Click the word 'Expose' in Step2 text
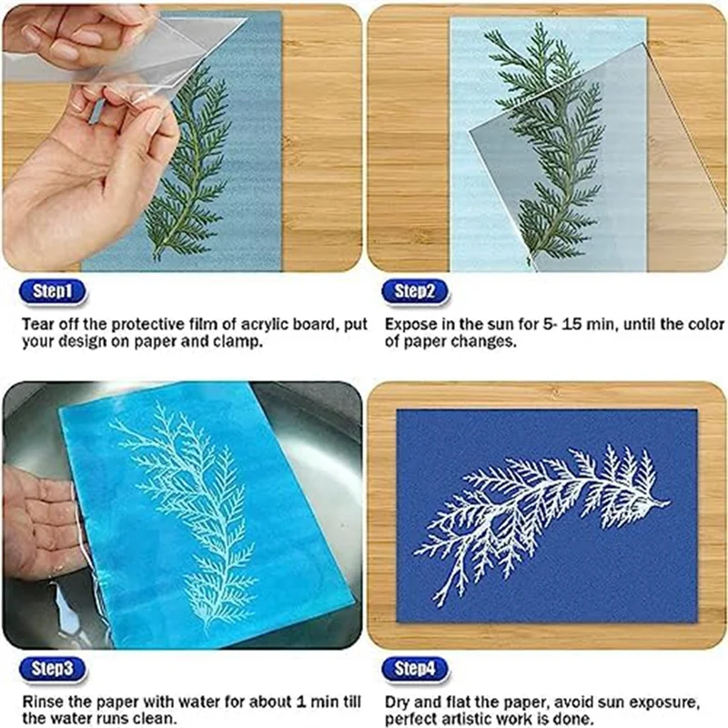409,324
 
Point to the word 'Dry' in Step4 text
398,702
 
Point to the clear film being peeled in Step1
136,55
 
